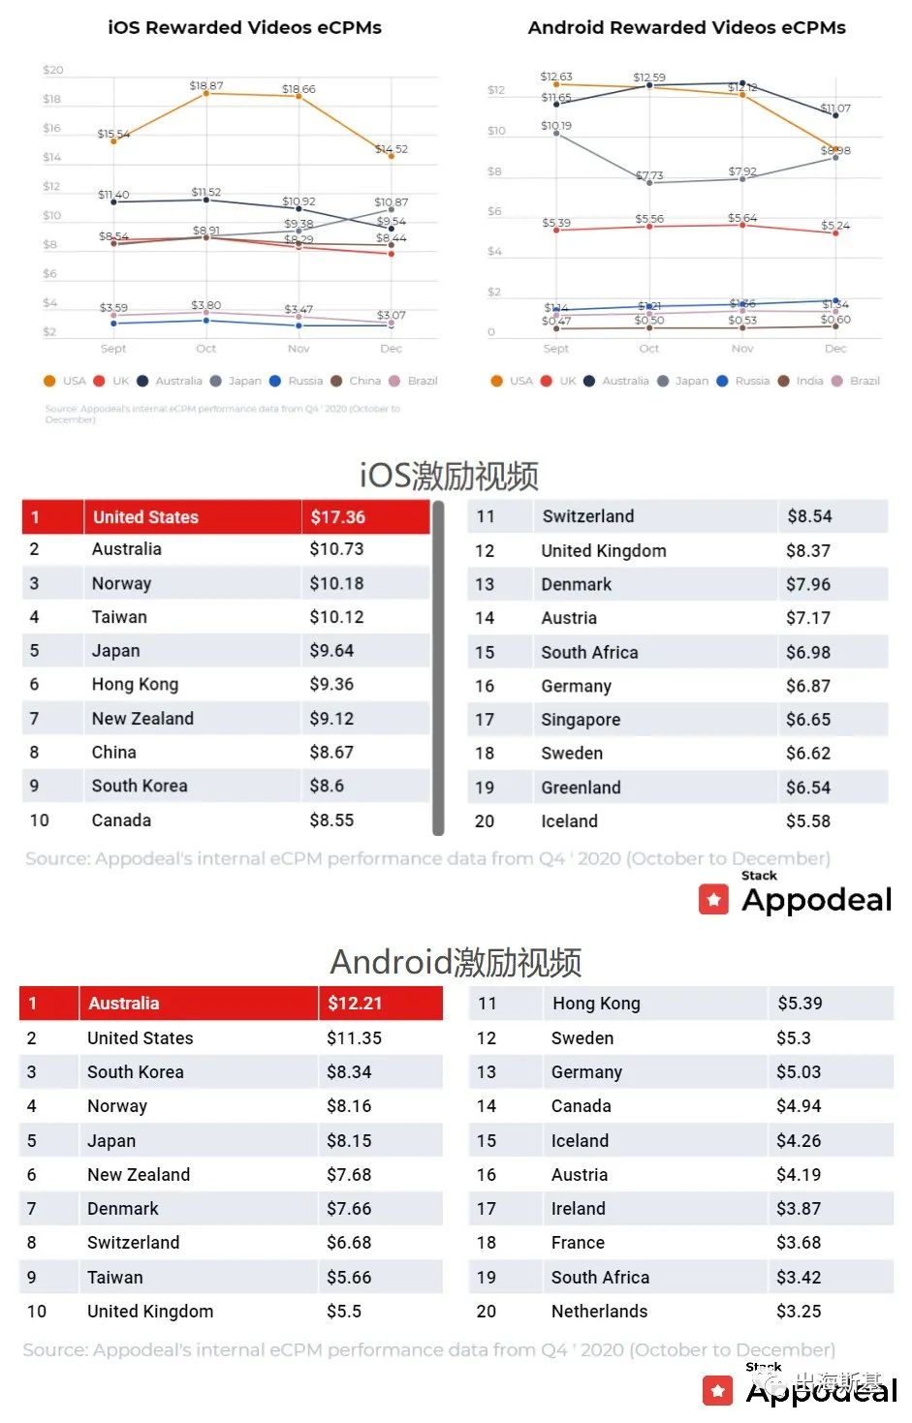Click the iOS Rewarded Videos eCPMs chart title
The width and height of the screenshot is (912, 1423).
coord(244,28)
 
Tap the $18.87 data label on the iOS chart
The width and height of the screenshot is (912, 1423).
coord(205,85)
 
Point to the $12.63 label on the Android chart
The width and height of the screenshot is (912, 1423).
coord(556,77)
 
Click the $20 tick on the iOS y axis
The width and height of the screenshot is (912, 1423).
coord(53,70)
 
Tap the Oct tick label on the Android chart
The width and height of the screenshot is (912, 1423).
coord(649,349)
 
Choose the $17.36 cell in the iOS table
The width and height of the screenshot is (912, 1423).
coord(337,517)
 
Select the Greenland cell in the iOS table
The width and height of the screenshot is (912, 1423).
coord(581,788)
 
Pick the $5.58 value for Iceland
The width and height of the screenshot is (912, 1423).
coord(807,821)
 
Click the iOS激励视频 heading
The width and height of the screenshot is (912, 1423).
coord(449,476)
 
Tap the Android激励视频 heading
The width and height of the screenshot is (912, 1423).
coord(456,962)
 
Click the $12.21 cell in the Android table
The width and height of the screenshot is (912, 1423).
coord(355,1004)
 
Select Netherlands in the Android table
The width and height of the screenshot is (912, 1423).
coord(599,1312)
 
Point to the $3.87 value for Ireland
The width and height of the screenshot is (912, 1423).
coord(798,1209)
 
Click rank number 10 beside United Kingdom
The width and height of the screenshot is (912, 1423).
coord(37,1312)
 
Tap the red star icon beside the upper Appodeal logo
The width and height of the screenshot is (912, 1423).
coord(713,900)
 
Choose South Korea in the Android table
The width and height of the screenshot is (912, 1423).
coord(135,1072)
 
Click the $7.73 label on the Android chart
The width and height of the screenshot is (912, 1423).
coord(649,175)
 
